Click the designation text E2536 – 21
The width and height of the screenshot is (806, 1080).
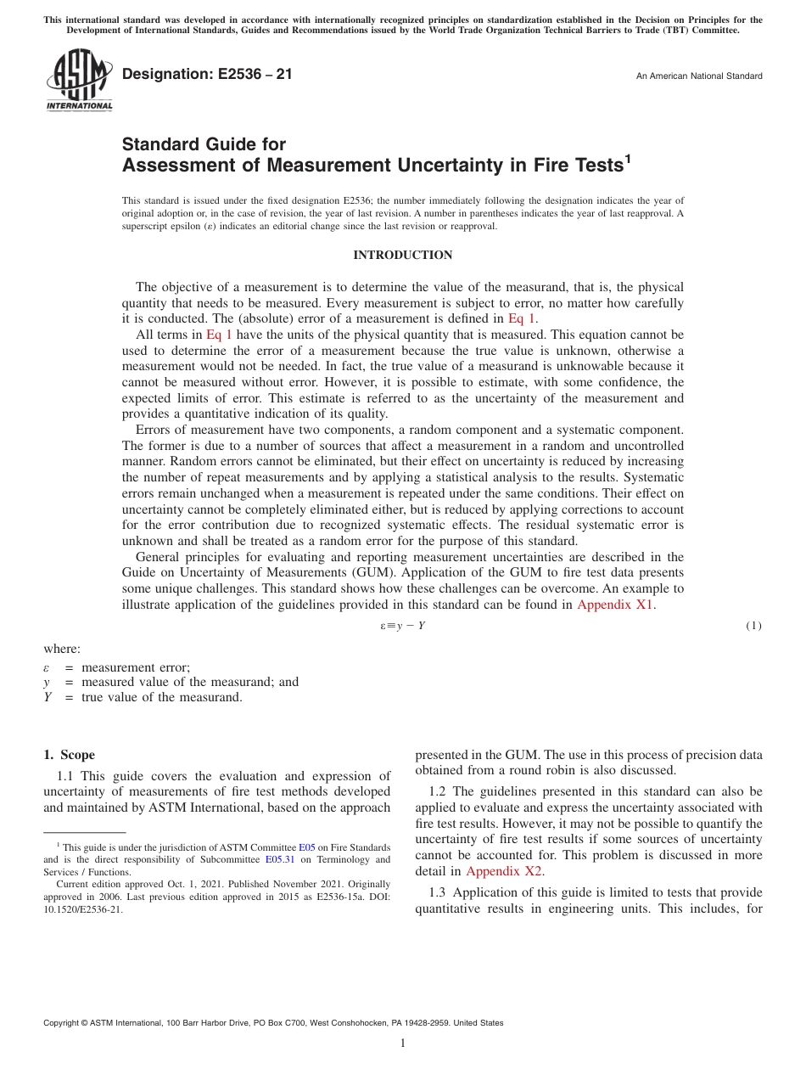click(x=207, y=74)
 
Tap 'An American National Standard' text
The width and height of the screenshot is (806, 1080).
click(x=699, y=76)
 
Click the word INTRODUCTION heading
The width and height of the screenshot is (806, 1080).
click(x=402, y=255)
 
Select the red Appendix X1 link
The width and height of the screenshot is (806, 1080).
click(x=616, y=605)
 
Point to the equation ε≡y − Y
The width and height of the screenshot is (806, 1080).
click(x=402, y=627)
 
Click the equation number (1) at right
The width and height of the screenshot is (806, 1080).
click(x=753, y=627)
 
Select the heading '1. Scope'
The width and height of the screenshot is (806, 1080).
click(x=70, y=755)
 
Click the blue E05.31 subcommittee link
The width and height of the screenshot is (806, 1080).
click(x=278, y=859)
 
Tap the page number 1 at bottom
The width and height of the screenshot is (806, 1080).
click(x=402, y=1043)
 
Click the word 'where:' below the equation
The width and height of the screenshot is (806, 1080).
click(x=62, y=649)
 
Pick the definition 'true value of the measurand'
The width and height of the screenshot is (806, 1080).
click(x=162, y=697)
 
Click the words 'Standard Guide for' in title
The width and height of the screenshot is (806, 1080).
click(x=204, y=144)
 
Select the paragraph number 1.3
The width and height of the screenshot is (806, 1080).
click(x=440, y=892)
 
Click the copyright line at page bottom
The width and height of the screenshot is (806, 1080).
click(x=273, y=1023)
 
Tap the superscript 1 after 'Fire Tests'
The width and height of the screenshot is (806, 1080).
click(x=628, y=157)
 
